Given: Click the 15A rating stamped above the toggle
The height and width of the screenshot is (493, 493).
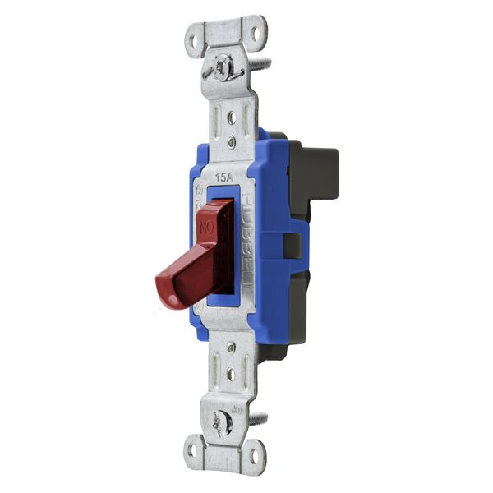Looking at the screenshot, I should pyautogui.click(x=223, y=177).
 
